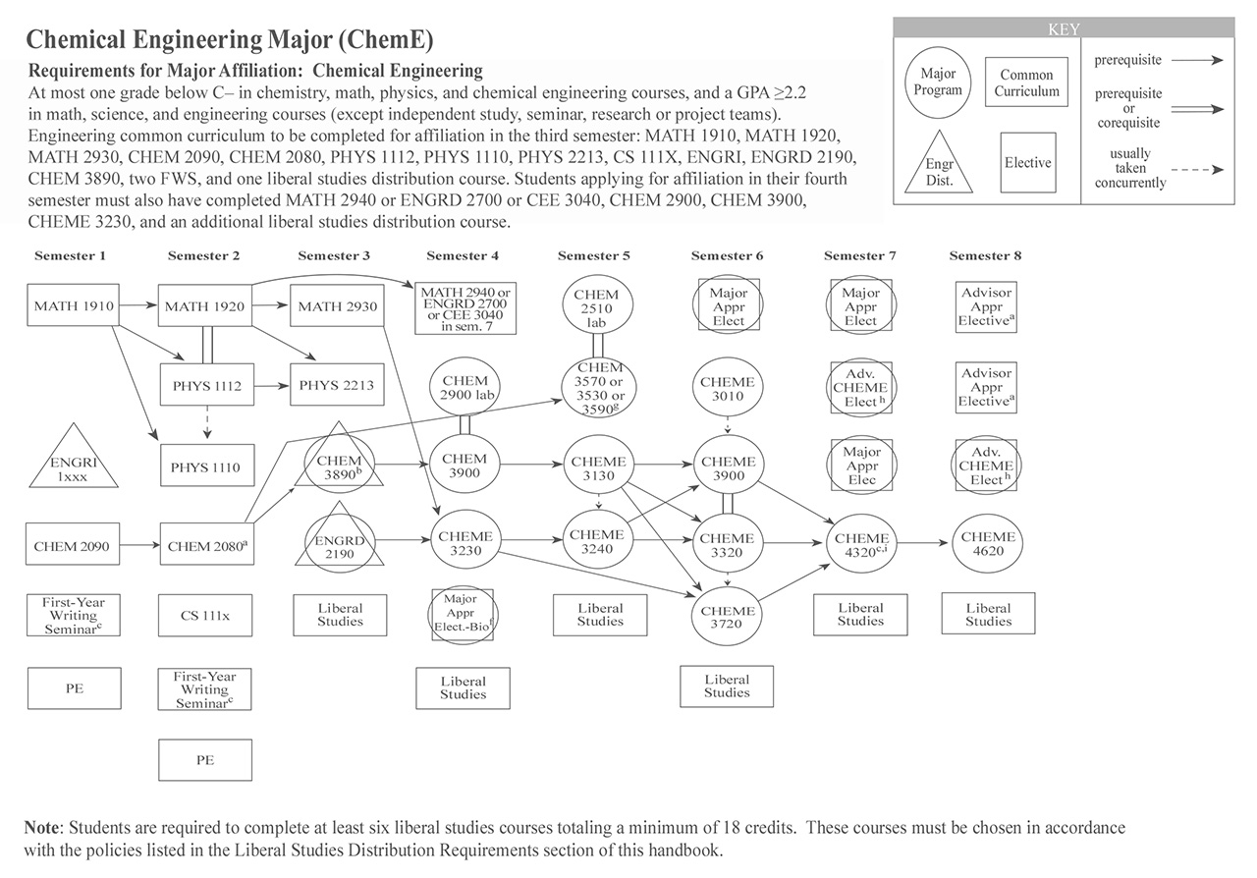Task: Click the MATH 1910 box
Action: click(75, 306)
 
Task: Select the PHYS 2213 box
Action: click(336, 386)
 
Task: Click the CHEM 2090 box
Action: click(75, 545)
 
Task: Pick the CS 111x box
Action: click(205, 616)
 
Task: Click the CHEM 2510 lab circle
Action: click(596, 308)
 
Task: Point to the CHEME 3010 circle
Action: click(728, 390)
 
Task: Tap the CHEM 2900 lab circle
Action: click(465, 387)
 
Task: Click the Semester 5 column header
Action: click(594, 256)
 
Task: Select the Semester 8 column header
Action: click(985, 256)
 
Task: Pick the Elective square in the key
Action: click(1028, 163)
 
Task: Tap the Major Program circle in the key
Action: click(938, 82)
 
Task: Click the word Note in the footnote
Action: click(45, 829)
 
